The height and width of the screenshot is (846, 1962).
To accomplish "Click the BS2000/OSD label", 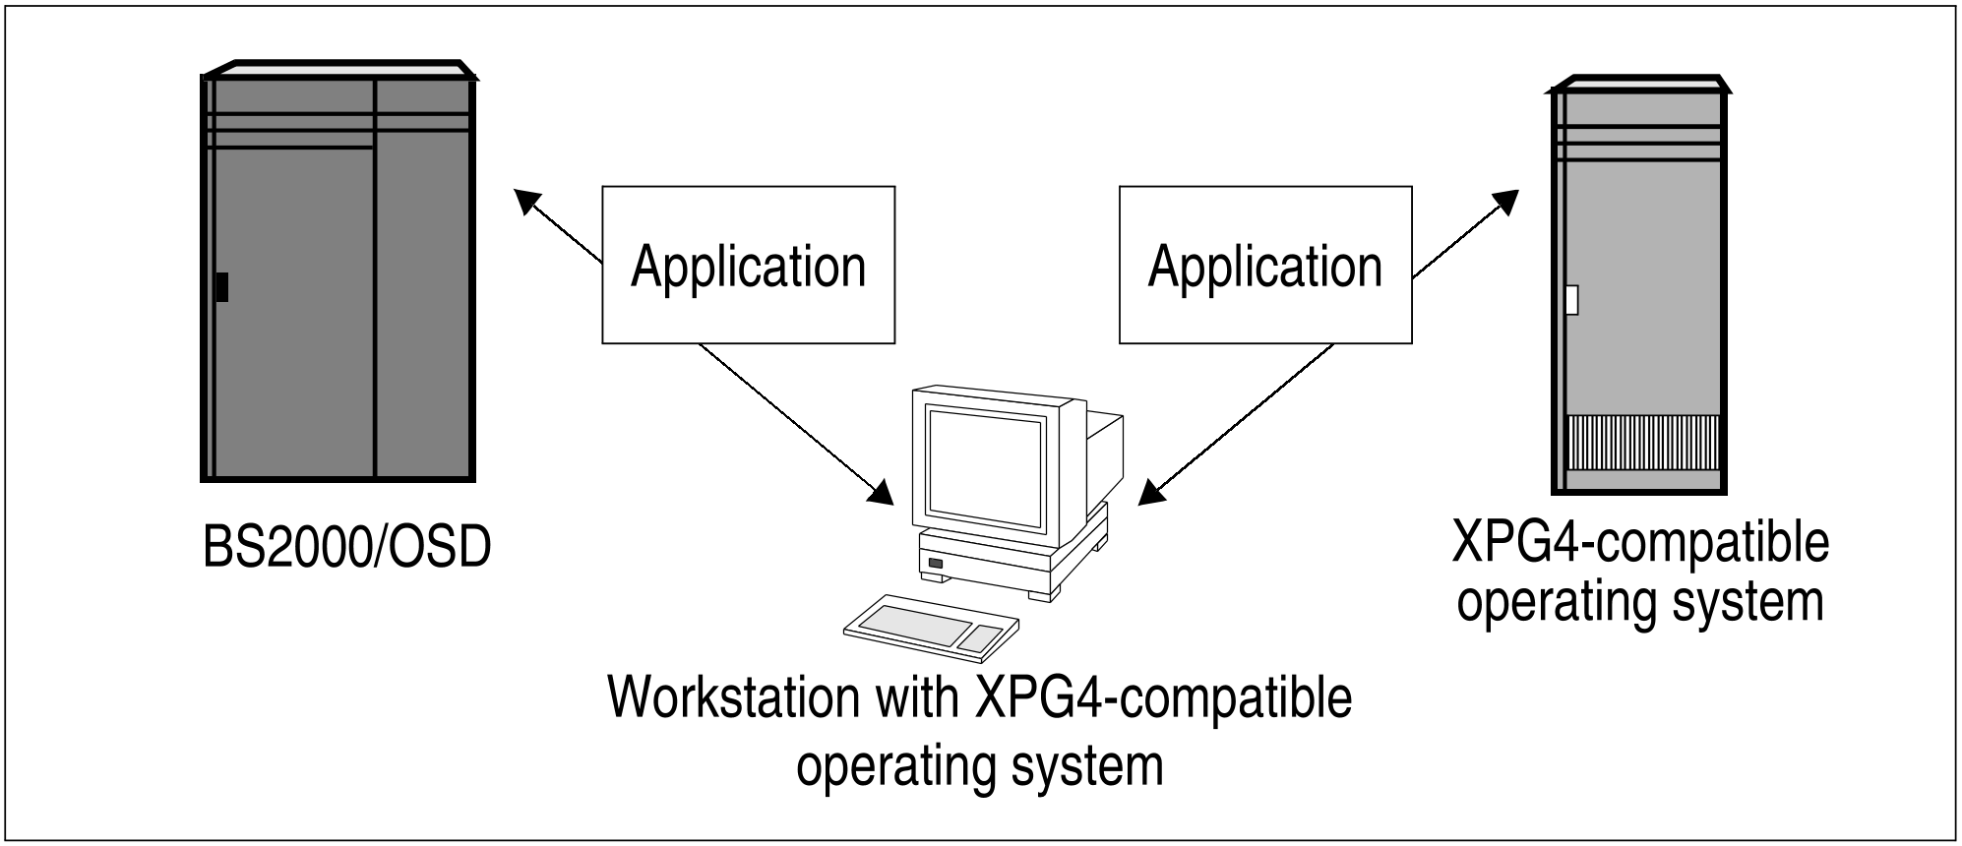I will pyautogui.click(x=346, y=548).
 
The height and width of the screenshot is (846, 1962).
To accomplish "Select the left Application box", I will pyautogui.click(x=748, y=265).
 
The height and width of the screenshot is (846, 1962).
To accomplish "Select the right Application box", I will pyautogui.click(x=1265, y=265).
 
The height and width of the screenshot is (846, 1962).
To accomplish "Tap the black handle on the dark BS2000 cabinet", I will pyautogui.click(x=222, y=287).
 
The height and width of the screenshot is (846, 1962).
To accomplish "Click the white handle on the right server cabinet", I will pyautogui.click(x=1571, y=299).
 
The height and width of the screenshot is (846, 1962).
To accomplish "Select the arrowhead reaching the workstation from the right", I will pyautogui.click(x=1151, y=493).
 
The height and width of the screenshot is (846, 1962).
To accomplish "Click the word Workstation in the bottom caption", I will pyautogui.click(x=734, y=697).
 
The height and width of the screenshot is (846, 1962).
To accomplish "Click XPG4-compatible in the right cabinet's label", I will pyautogui.click(x=1640, y=543).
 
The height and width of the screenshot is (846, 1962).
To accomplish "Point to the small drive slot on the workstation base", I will pyautogui.click(x=935, y=564).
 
